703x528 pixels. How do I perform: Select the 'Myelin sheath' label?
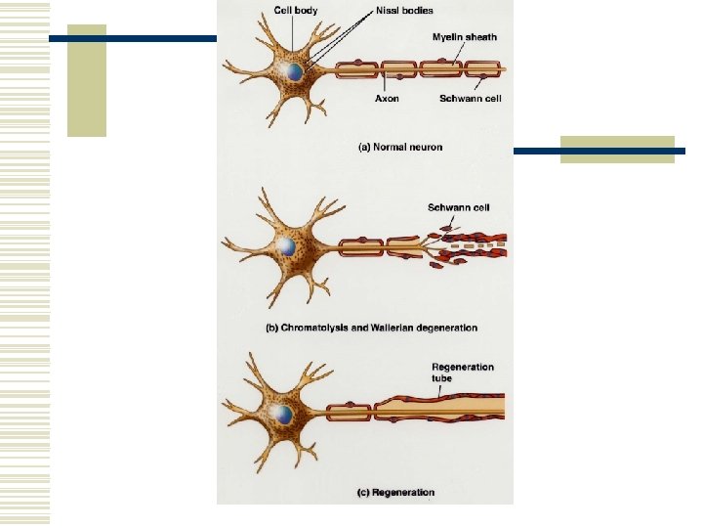point(464,37)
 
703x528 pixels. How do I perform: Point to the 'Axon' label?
point(387,98)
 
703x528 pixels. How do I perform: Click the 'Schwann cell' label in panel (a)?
point(470,98)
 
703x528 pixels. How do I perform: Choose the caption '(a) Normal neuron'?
point(400,148)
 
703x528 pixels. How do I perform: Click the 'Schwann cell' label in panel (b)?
point(458,207)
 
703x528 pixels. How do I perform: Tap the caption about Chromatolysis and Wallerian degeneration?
point(372,328)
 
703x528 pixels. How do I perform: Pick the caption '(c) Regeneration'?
point(395,492)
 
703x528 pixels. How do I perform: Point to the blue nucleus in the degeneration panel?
point(285,246)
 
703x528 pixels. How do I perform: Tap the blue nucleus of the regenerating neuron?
point(283,414)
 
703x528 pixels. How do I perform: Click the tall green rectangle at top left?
point(86,80)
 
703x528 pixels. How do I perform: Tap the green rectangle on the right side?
point(617,149)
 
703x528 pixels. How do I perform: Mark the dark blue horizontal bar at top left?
point(133,39)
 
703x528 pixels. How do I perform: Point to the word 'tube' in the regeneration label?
point(442,378)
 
